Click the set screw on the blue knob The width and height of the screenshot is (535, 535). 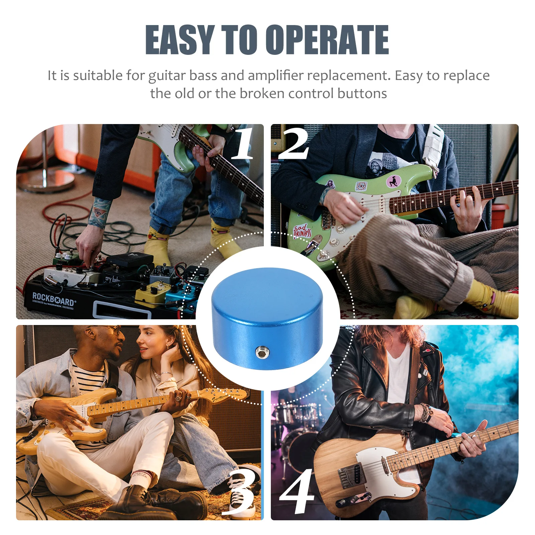coord(261,352)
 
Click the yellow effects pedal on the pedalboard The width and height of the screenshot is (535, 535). coord(150,293)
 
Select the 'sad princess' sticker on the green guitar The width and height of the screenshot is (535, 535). coord(302,231)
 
